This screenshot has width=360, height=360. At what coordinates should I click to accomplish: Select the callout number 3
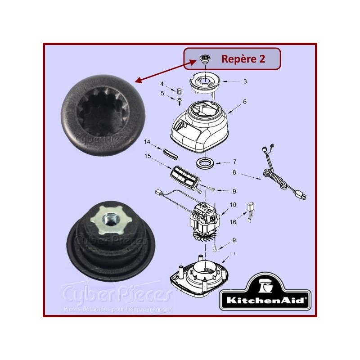(x=245, y=81)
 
